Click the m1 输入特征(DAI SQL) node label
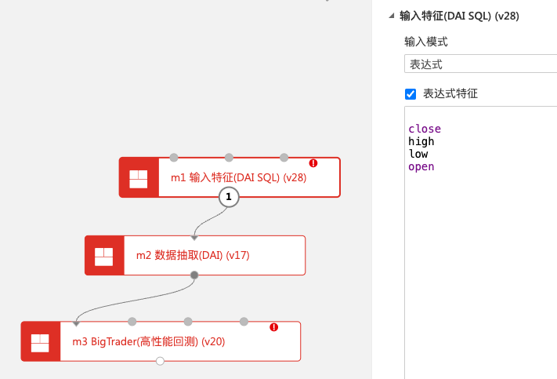click(x=238, y=177)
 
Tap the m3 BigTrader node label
click(x=148, y=341)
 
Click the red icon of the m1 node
click(x=139, y=177)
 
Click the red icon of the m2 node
click(x=104, y=255)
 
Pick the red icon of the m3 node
click(x=40, y=341)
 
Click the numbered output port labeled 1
click(x=229, y=197)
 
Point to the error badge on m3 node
click(x=274, y=327)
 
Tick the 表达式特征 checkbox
click(x=411, y=94)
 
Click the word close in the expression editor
click(x=425, y=129)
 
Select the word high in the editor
click(x=421, y=141)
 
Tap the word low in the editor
click(x=418, y=154)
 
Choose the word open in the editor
click(x=421, y=166)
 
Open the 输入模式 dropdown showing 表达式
click(x=480, y=64)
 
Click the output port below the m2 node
click(x=194, y=275)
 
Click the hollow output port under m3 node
click(x=160, y=361)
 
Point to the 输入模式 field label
click(x=426, y=42)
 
